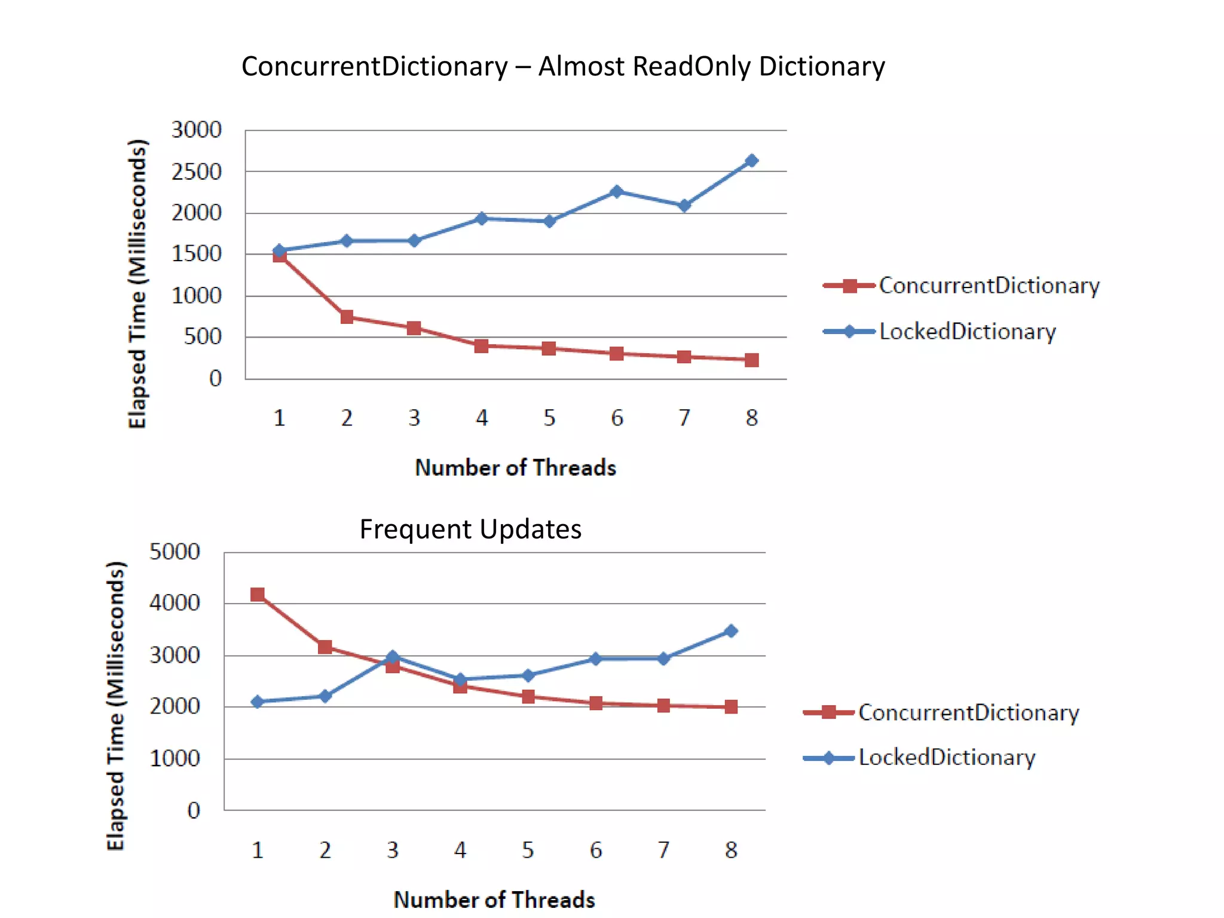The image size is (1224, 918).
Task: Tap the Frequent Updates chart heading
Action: [x=470, y=530]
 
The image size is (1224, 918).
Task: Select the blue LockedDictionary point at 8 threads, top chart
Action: [x=752, y=161]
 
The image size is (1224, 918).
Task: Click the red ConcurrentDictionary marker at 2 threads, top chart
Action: [x=347, y=317]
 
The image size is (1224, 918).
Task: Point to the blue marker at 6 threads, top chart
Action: [x=617, y=192]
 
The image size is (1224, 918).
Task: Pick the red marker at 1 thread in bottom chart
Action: [x=258, y=594]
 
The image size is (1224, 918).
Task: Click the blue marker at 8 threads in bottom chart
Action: [x=731, y=631]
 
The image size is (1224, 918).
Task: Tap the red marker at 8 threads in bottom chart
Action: [x=731, y=706]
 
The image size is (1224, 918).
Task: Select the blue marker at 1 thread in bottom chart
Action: [x=258, y=702]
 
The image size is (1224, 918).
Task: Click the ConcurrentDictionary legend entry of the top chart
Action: [x=989, y=286]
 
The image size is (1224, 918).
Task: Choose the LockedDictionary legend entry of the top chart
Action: [x=967, y=332]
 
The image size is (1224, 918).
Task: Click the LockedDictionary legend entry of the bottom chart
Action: [x=947, y=758]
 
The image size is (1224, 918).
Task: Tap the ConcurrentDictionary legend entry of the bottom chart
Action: [x=968, y=712]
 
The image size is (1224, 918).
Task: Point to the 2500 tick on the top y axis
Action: [x=196, y=172]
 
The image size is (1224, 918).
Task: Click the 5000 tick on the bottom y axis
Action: [x=175, y=552]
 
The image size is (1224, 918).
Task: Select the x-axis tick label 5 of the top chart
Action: [x=549, y=418]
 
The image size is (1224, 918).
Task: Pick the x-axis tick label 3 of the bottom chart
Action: [x=393, y=850]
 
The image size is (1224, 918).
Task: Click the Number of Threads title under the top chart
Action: [x=515, y=468]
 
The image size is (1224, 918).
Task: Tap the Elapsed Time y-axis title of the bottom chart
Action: [x=115, y=705]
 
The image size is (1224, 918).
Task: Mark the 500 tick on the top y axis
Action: [x=203, y=337]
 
